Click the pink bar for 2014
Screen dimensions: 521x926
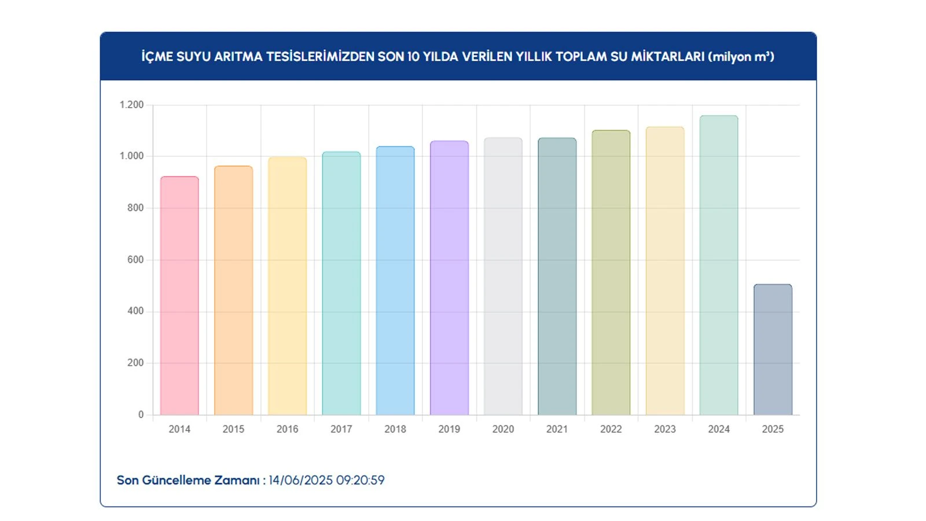pyautogui.click(x=179, y=296)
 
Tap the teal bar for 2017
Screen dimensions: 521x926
pyautogui.click(x=341, y=284)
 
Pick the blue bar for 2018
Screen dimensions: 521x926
pyautogui.click(x=395, y=281)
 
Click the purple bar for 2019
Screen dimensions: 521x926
pyautogui.click(x=449, y=278)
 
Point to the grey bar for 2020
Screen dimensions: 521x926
pyautogui.click(x=503, y=277)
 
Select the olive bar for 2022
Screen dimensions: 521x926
pyautogui.click(x=611, y=273)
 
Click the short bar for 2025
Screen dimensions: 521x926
pyautogui.click(x=773, y=350)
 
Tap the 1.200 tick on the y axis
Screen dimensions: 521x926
pyautogui.click(x=131, y=105)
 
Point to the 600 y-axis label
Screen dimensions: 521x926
pyautogui.click(x=135, y=260)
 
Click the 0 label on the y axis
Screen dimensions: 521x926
pyautogui.click(x=141, y=414)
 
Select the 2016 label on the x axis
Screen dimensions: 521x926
pyautogui.click(x=287, y=429)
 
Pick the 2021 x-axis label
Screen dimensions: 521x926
pyautogui.click(x=557, y=429)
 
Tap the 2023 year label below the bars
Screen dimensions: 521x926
pyautogui.click(x=665, y=429)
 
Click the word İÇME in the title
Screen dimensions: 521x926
pyautogui.click(x=157, y=57)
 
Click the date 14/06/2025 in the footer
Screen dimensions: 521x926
pyautogui.click(x=300, y=480)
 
